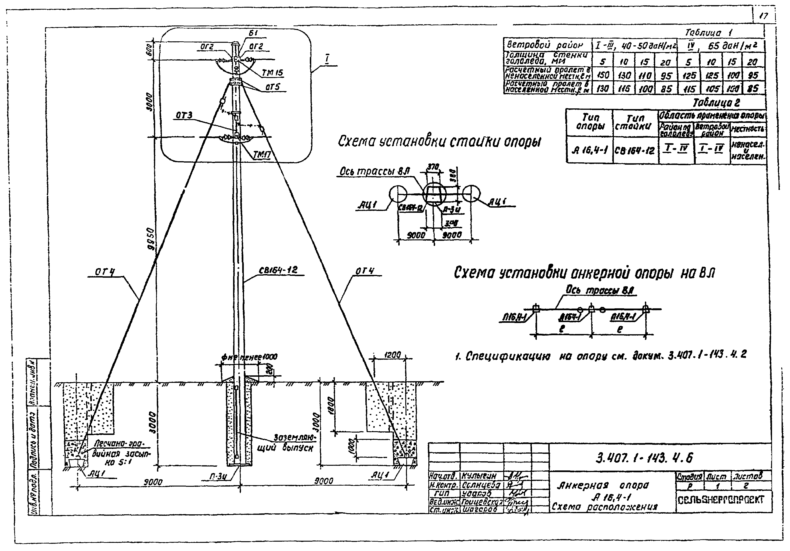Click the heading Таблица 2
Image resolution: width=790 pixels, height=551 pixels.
click(716, 103)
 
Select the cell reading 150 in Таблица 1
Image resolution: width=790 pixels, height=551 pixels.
click(602, 75)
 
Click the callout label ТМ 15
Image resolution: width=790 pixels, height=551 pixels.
click(272, 73)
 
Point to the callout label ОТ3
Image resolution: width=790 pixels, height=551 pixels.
click(184, 115)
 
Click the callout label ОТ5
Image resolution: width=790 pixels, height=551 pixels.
click(272, 87)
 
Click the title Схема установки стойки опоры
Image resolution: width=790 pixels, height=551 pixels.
click(439, 141)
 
